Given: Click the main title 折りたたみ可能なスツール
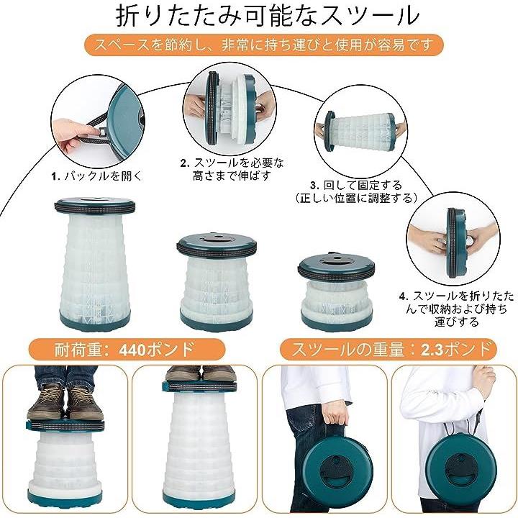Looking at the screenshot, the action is pyautogui.click(x=268, y=17).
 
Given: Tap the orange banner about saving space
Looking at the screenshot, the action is pyautogui.click(x=263, y=45).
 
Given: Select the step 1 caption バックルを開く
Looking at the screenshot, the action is pyautogui.click(x=96, y=176).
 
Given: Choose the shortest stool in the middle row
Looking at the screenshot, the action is pyautogui.click(x=337, y=291).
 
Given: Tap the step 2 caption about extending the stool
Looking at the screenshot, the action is pyautogui.click(x=232, y=168).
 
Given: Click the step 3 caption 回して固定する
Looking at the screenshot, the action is pyautogui.click(x=356, y=185).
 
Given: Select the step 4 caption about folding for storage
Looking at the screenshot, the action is pyautogui.click(x=457, y=309).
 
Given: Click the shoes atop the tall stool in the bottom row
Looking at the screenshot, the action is pyautogui.click(x=201, y=373).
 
